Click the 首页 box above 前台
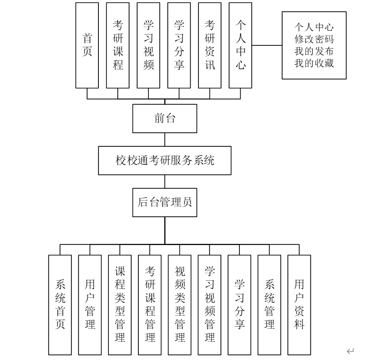[87, 45]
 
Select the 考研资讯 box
[210, 45]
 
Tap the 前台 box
[165, 118]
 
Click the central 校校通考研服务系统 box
[165, 160]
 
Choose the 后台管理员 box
[165, 202]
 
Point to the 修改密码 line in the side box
[314, 39]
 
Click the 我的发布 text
[314, 51]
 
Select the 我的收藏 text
[314, 63]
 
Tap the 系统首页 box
[60, 305]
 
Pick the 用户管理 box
[90, 305]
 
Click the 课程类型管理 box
[120, 305]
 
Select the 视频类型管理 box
[179, 305]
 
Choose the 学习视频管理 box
[210, 305]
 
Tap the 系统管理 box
[269, 305]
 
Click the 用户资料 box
[299, 305]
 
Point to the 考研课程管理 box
[150, 305]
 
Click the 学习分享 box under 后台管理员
[239, 305]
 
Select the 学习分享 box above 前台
[179, 45]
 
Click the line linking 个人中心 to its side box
[267, 45]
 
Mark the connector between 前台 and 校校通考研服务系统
[165, 139]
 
